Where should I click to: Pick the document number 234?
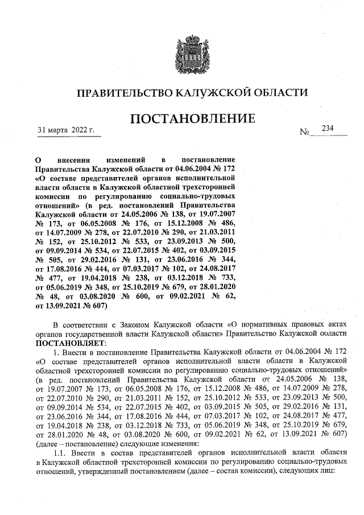click(x=327, y=129)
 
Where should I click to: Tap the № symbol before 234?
click(x=305, y=132)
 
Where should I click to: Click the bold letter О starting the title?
click(x=38, y=161)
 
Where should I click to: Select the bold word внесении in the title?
click(x=76, y=161)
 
